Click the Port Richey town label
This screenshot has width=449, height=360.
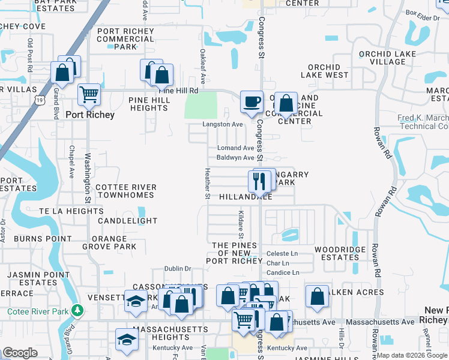pyautogui.click(x=90, y=115)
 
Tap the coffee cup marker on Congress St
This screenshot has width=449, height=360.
pyautogui.click(x=252, y=101)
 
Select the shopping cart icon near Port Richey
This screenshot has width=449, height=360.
pyautogui.click(x=89, y=94)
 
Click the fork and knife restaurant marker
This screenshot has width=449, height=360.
pyautogui.click(x=260, y=181)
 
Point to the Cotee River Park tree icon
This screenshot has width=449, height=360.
pyautogui.click(x=77, y=310)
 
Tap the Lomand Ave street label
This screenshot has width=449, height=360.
pyautogui.click(x=236, y=148)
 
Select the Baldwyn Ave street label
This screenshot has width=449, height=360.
pyautogui.click(x=235, y=158)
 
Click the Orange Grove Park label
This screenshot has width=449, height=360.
pyautogui.click(x=109, y=242)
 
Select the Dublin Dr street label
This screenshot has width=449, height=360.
pyautogui.click(x=178, y=269)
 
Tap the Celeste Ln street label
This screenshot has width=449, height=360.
pyautogui.click(x=282, y=254)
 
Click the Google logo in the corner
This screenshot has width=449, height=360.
pyautogui.click(x=20, y=353)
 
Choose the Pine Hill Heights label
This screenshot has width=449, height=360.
pyautogui.click(x=148, y=103)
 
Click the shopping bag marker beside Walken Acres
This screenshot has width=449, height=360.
pyautogui.click(x=317, y=296)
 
